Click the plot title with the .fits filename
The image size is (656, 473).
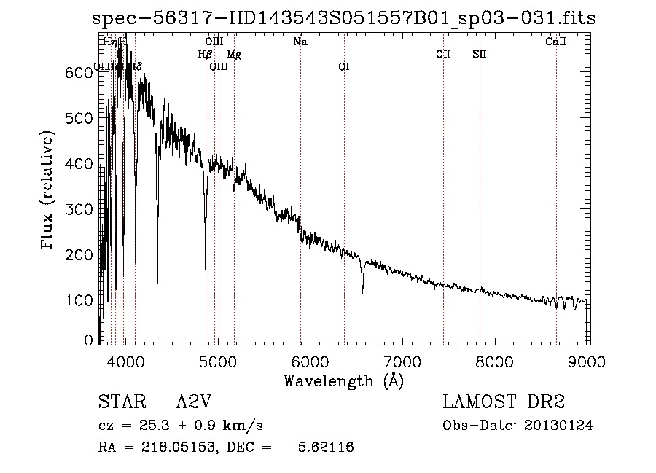coord(344,19)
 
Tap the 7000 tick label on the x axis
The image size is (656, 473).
coord(403,359)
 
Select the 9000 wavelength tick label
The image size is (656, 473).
coord(588,359)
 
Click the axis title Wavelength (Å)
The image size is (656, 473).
coord(343,380)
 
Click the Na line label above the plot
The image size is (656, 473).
coord(300,42)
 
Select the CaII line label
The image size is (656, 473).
coord(556,42)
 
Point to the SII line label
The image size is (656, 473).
coord(479,55)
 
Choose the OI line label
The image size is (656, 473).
coord(344,67)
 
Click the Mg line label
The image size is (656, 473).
coord(234,55)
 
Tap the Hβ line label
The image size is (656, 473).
coord(205,55)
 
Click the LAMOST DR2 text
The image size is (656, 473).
coord(504,402)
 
